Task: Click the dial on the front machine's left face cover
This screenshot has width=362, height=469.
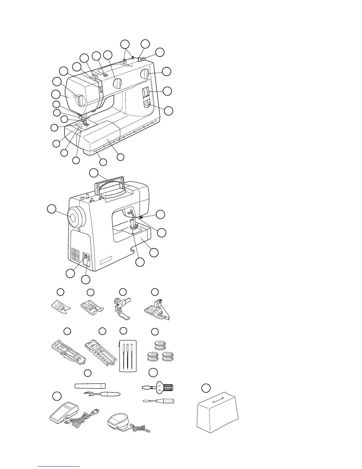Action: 80,100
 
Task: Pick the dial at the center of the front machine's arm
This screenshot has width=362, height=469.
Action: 117,84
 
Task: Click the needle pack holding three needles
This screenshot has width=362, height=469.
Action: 127,355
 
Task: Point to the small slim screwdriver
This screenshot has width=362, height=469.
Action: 159,401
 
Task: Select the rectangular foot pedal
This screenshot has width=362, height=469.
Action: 63,410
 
